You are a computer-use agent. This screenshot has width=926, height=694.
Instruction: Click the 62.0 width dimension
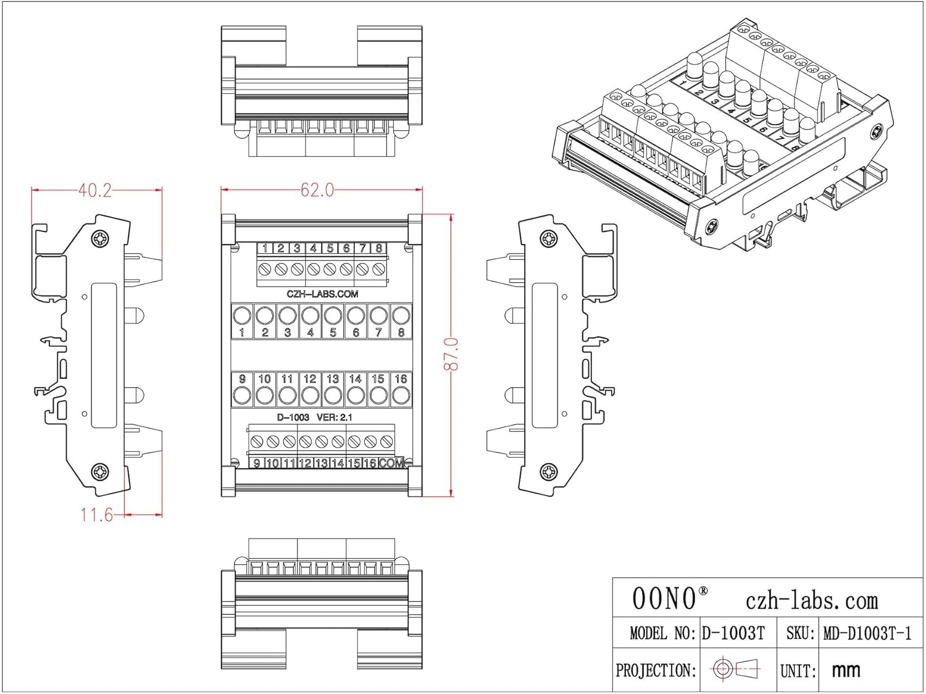pos(317,190)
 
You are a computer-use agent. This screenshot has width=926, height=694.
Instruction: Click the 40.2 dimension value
pos(95,190)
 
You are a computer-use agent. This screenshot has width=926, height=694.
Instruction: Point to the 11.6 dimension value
pos(96,514)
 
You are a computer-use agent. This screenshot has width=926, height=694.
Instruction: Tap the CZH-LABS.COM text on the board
pos(322,294)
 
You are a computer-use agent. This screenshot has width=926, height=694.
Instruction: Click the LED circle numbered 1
pos(242,316)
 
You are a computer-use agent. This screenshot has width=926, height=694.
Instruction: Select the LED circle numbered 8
pos(401,316)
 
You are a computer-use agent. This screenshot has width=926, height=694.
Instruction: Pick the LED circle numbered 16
pos(401,395)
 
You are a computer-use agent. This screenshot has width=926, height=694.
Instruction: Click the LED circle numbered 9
pos(242,395)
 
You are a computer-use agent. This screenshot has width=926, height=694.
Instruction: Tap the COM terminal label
pos(391,463)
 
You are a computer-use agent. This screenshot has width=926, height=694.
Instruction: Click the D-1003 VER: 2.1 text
pos(315,417)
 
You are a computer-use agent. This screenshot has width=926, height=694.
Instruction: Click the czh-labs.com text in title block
pos(811,600)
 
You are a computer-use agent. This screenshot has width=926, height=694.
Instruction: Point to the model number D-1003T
pos(733,633)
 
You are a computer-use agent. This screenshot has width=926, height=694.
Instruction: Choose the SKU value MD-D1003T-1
pos(867,633)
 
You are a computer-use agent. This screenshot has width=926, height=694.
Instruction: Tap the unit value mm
pos(846,670)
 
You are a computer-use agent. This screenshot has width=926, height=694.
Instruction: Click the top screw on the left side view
pos(99,238)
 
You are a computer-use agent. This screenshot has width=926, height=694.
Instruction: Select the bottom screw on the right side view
pos(548,472)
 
